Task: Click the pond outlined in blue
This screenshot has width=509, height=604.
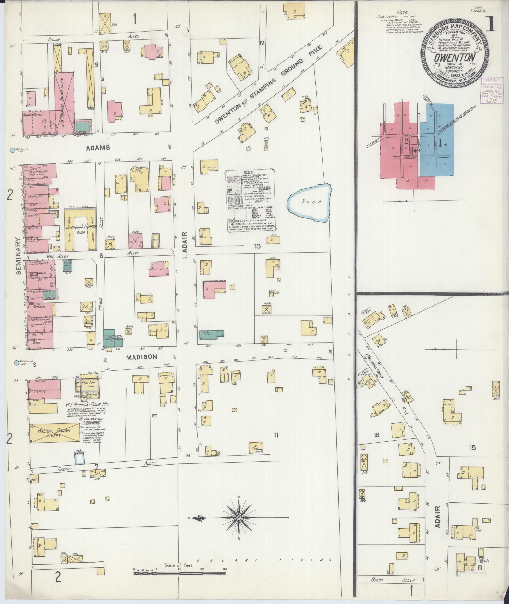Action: click(309, 202)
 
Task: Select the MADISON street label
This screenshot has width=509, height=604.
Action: click(141, 357)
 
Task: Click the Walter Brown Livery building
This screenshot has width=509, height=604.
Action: click(55, 433)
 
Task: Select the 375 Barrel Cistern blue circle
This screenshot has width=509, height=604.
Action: click(12, 151)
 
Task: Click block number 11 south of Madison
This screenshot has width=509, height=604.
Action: click(276, 435)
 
